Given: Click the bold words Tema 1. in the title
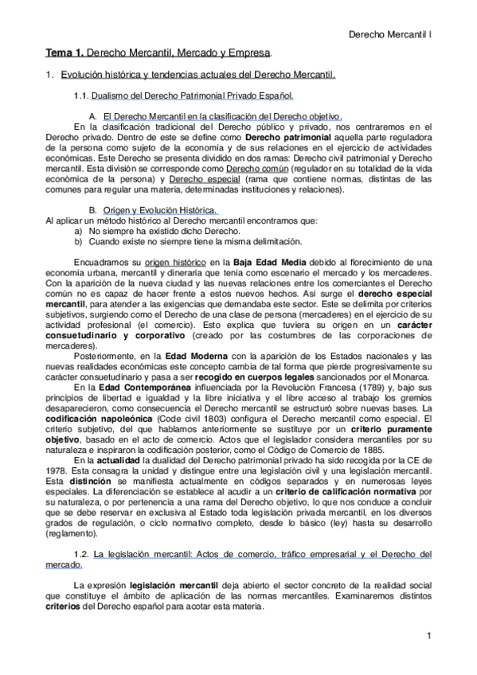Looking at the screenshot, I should (x=63, y=53).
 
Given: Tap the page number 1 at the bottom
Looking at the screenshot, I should (x=428, y=635).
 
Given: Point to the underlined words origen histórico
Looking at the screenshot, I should (x=175, y=262).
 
